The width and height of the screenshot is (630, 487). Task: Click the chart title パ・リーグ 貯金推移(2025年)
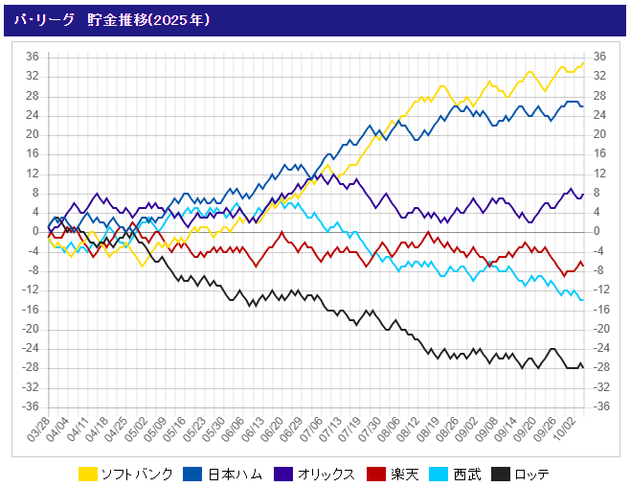coord(112,19)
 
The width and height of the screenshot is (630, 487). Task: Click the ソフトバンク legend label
coord(139,474)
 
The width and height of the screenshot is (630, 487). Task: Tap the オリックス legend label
coord(327,474)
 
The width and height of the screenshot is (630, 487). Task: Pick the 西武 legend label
coord(466,474)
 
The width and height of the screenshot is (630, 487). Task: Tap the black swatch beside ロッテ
coord(501,474)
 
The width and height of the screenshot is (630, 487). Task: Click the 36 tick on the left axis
coord(32,57)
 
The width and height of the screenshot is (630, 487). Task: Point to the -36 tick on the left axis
coord(30,406)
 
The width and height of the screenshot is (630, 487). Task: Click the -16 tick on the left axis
coord(30,310)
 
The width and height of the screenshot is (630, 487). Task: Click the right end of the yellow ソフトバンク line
coord(583,63)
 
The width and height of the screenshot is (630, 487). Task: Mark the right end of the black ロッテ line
coord(583,367)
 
